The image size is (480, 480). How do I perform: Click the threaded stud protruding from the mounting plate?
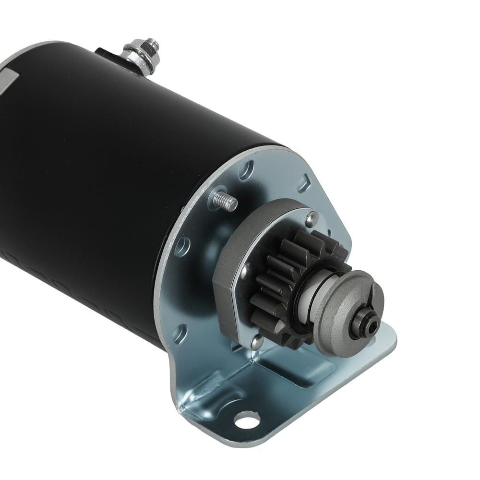pyautogui.click(x=226, y=200)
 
